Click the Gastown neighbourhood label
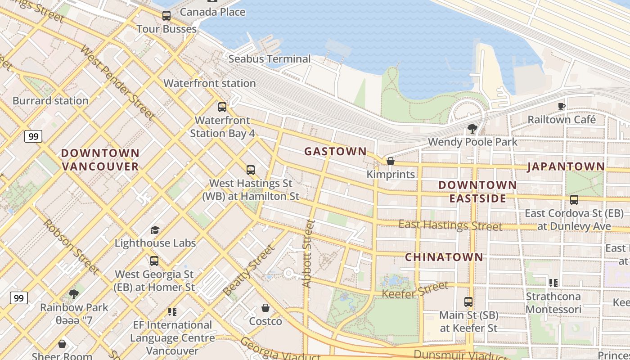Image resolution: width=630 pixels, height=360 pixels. [x=335, y=151]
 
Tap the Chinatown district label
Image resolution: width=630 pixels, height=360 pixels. [x=444, y=257]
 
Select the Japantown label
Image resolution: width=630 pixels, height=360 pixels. [x=566, y=166]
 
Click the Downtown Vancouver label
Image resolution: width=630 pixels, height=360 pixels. [x=100, y=160]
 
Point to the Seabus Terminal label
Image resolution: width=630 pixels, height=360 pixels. [x=269, y=58]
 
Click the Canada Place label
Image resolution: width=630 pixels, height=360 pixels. [x=212, y=12]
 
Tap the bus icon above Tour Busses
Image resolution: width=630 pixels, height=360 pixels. [x=166, y=16]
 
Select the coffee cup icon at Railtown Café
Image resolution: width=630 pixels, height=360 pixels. [x=561, y=106]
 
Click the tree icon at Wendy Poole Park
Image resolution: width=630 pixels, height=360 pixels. [x=472, y=129]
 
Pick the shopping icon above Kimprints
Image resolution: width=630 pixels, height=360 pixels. [x=390, y=161]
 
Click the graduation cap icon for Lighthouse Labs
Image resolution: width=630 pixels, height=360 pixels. [x=155, y=230]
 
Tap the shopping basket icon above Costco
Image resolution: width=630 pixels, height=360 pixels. [x=265, y=308]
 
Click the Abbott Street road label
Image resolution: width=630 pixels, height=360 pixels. [x=308, y=253]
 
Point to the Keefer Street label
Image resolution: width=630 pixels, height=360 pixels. [x=415, y=289]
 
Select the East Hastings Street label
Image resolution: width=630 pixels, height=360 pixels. [x=450, y=225]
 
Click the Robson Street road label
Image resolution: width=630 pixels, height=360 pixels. [x=71, y=247]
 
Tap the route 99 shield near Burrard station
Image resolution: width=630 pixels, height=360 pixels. [x=33, y=136]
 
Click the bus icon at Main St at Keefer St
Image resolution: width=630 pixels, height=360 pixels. [x=468, y=302]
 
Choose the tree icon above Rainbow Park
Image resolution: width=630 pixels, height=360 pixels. [x=74, y=294]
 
